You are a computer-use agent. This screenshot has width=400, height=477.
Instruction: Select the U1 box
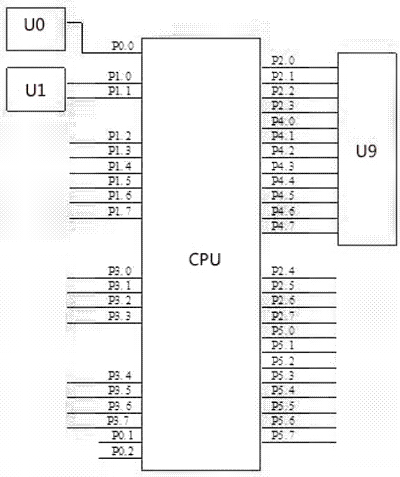pyautogui.click(x=35, y=90)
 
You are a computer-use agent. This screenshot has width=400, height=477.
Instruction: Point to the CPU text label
pyautogui.click(x=204, y=259)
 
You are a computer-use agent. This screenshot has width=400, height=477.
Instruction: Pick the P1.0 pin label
pyautogui.click(x=120, y=77)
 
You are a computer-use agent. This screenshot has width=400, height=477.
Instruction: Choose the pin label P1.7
pyautogui.click(x=120, y=211)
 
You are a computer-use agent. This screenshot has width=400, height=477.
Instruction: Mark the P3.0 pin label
pyautogui.click(x=120, y=271)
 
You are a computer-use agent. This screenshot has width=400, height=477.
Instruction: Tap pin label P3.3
pyautogui.click(x=120, y=316)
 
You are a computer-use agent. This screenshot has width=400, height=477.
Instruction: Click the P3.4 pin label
pyautogui.click(x=120, y=376)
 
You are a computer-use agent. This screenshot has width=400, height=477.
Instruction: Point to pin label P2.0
pyautogui.click(x=283, y=61)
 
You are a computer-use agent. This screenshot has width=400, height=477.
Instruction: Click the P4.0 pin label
pyautogui.click(x=283, y=121)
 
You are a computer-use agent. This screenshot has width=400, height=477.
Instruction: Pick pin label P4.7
pyautogui.click(x=283, y=226)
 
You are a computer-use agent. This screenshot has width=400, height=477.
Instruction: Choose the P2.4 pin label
pyautogui.click(x=283, y=271)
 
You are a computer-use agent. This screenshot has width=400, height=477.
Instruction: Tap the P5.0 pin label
pyautogui.click(x=283, y=331)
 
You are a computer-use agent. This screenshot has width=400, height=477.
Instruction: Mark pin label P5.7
pyautogui.click(x=283, y=435)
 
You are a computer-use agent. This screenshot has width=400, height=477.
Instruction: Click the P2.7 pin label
pyautogui.click(x=283, y=316)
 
